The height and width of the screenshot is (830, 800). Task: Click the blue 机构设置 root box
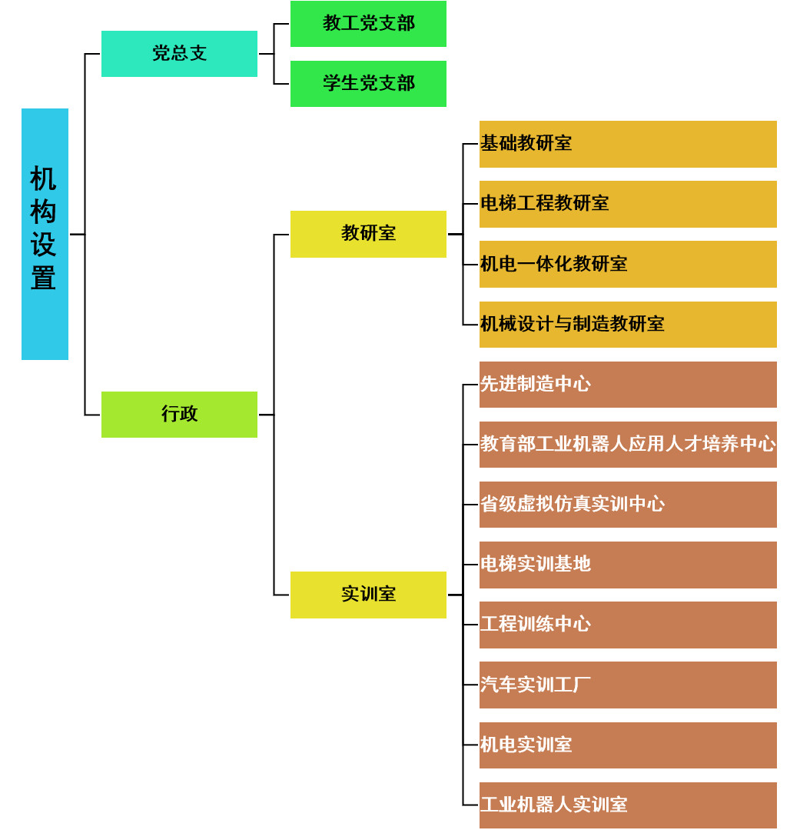45,234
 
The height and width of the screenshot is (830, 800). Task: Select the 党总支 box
179,54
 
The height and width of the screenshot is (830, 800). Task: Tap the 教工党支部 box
368,24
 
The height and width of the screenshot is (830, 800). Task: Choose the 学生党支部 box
368,84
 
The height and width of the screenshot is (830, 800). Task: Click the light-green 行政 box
179,415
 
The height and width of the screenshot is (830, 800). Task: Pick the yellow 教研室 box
368,234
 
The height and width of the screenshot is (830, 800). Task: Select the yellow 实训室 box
368,595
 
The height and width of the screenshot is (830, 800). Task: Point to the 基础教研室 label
526,143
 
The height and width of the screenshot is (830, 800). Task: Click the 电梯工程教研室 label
545,203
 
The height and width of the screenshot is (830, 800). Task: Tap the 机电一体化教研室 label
553,264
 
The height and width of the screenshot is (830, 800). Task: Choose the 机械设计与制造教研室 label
572,324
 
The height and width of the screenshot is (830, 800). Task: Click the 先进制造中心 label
536,384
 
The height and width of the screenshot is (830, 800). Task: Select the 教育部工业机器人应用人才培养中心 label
628,444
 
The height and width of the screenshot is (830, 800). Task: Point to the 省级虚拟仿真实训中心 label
573,504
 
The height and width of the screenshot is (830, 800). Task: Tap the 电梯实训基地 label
536,565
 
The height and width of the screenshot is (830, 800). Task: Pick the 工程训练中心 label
536,624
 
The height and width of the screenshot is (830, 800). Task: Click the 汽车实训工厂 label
536,685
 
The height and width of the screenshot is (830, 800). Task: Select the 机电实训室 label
526,745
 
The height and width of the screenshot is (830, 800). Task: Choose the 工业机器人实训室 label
553,805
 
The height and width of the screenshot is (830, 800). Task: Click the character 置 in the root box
43,278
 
